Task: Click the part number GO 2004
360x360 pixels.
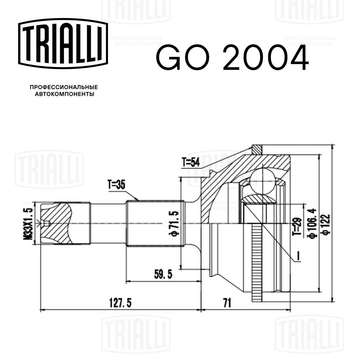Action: click(x=232, y=58)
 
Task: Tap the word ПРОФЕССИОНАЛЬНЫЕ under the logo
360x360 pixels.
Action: click(x=64, y=87)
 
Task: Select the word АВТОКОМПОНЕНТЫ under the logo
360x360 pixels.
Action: click(x=64, y=94)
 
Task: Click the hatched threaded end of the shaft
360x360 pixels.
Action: click(x=56, y=223)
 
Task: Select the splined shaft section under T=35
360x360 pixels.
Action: click(x=155, y=223)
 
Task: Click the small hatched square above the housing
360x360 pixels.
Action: click(x=257, y=148)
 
